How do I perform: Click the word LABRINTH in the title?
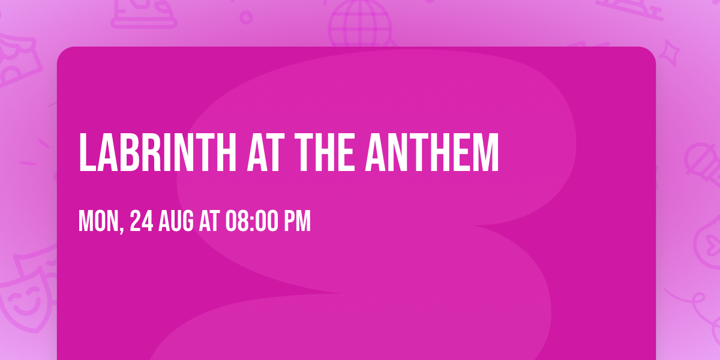(157, 152)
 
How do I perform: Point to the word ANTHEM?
(433, 152)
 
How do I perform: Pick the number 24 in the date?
(142, 221)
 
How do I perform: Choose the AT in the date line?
(209, 221)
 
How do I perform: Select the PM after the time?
(298, 221)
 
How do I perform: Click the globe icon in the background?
(359, 24)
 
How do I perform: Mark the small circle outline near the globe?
(246, 17)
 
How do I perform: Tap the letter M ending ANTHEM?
(487, 152)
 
